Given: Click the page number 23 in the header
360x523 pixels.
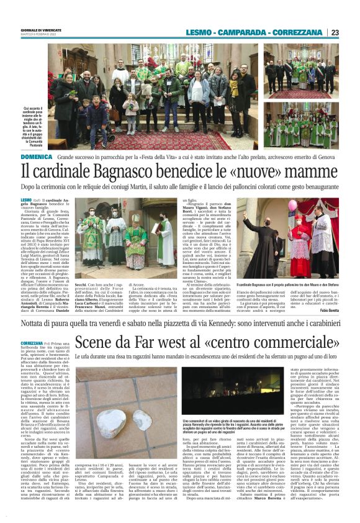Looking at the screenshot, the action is click(x=335, y=33).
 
